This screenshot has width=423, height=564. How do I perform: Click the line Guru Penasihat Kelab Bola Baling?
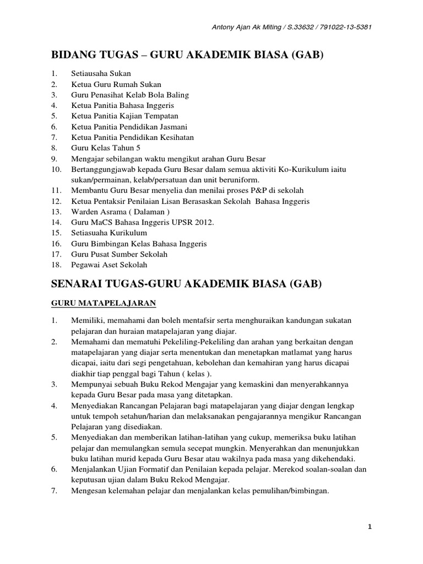[129, 95]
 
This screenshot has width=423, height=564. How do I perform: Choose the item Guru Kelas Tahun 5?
[106, 148]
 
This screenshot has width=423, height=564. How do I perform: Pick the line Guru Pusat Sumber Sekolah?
[119, 254]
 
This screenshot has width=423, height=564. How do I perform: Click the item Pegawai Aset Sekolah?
[109, 264]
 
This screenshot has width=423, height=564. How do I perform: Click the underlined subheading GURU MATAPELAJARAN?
[104, 303]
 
